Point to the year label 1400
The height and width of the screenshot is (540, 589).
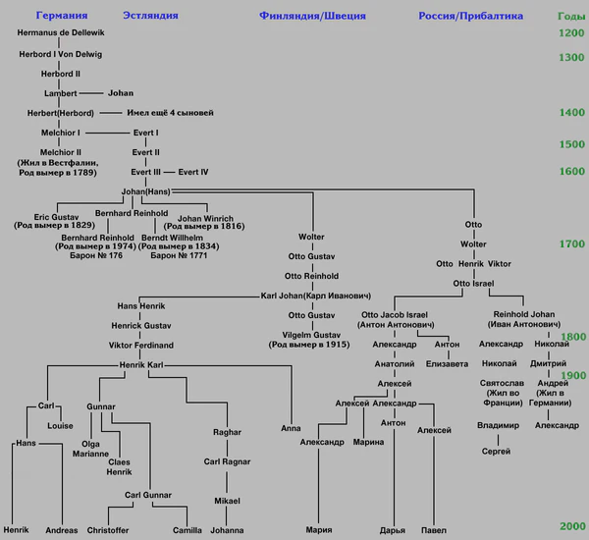pos(570,113)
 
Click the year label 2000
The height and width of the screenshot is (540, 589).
pos(570,527)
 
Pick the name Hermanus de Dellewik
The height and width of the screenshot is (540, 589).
pos(61,33)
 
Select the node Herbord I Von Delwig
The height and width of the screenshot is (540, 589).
pos(61,54)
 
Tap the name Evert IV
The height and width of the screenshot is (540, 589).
pos(193,172)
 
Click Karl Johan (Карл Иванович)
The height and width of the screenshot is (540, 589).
pos(316,295)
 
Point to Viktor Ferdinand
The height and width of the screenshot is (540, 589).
pos(141,346)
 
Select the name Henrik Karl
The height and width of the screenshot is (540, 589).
pos(139,365)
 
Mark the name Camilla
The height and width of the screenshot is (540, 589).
pos(187,530)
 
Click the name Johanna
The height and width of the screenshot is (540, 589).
pos(227,530)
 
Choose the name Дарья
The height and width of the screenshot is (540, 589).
pos(394,530)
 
